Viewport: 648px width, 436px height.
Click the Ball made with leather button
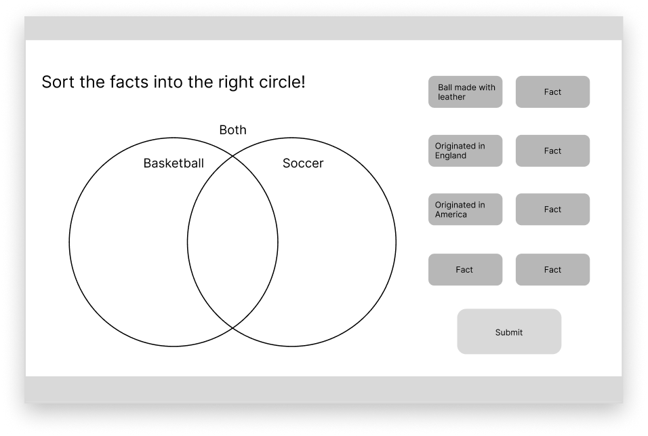tap(465, 92)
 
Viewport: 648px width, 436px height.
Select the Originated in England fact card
tap(465, 151)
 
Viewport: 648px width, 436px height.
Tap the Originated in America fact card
tap(465, 210)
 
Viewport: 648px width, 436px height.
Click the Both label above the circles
tap(232, 130)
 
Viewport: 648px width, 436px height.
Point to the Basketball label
tap(174, 163)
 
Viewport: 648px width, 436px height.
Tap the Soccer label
tap(303, 163)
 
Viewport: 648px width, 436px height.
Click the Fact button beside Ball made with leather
tap(552, 92)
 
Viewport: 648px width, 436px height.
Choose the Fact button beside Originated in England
tap(552, 151)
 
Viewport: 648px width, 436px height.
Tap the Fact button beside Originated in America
tap(552, 210)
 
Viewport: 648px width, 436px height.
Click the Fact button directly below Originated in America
tap(465, 269)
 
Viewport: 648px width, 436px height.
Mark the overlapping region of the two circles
tap(232, 242)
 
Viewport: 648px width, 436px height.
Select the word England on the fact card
tap(451, 155)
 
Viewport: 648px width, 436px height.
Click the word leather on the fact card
tap(451, 97)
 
